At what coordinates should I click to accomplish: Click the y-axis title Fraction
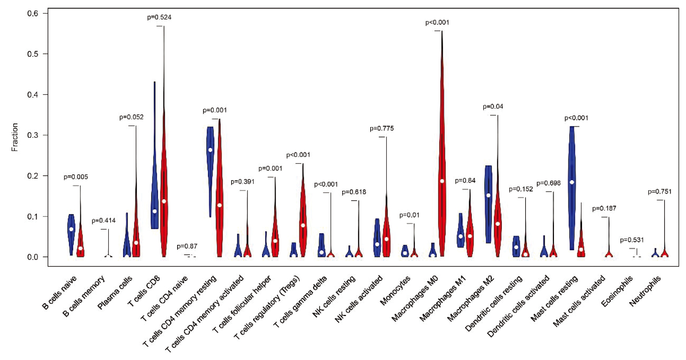tap(15, 137)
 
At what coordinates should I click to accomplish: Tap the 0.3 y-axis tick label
tap(33, 135)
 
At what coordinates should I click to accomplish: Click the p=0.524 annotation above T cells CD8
tap(159, 17)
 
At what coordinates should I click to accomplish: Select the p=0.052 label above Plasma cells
tap(131, 117)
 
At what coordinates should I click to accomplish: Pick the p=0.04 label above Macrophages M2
tap(493, 107)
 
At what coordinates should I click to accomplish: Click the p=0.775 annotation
tap(382, 128)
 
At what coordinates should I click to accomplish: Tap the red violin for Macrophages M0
tap(442, 156)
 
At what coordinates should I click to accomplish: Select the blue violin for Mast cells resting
tap(572, 175)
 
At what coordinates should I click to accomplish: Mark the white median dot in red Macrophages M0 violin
tap(442, 181)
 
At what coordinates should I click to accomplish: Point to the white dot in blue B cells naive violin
tap(71, 229)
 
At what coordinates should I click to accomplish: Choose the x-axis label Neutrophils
tap(645, 290)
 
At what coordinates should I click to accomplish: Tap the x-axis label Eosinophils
tap(617, 291)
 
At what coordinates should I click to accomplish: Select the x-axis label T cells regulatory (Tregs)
tap(267, 307)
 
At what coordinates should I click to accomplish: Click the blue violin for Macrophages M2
tap(488, 202)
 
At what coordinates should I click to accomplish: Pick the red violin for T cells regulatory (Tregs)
tap(303, 218)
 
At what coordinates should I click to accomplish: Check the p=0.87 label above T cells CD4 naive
tap(187, 246)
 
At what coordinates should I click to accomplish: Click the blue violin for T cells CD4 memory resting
tap(210, 156)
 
